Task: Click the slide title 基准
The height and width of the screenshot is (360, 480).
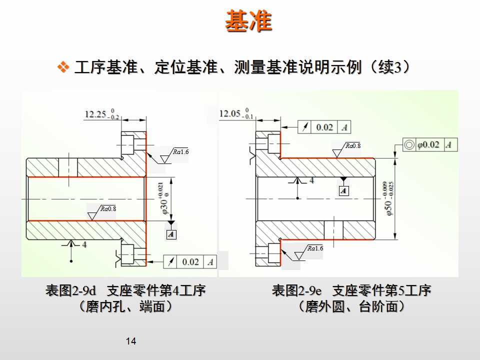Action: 248,21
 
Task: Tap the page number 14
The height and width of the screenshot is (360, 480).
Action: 131,341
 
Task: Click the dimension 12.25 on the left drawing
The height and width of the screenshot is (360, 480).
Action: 95,114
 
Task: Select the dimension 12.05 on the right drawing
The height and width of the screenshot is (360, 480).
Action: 230,113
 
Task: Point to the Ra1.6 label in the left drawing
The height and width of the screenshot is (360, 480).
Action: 181,151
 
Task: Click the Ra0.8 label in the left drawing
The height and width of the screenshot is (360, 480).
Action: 108,209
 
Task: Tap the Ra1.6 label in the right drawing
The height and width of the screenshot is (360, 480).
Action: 315,248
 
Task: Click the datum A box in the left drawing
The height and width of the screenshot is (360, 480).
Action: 171,234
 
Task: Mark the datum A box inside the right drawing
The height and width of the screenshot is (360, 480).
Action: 343,190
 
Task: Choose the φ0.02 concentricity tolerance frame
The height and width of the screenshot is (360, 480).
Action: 429,145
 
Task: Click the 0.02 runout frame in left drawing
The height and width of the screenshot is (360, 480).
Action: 190,261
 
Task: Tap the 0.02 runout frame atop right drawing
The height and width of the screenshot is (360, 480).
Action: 324,127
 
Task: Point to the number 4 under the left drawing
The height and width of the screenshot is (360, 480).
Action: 84,244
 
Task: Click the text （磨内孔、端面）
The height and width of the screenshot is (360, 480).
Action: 125,306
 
